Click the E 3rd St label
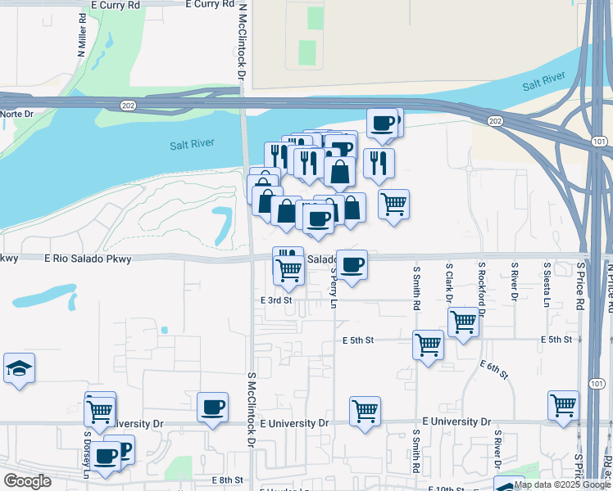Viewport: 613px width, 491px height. point(277,300)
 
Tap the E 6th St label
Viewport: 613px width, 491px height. point(494,369)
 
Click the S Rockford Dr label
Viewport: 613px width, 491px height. point(483,288)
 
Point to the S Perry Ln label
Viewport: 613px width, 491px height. point(334,286)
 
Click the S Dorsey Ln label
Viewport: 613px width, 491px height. point(85,454)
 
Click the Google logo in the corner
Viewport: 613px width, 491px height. point(27,481)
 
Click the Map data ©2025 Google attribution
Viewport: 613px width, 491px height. point(562,484)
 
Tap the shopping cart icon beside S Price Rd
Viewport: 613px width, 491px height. point(564,405)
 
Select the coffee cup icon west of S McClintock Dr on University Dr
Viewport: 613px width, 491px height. point(213,407)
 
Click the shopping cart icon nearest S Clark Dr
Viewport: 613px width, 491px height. point(464,322)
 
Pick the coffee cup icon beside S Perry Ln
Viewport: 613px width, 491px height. point(352,264)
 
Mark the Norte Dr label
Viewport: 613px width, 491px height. point(17,115)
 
